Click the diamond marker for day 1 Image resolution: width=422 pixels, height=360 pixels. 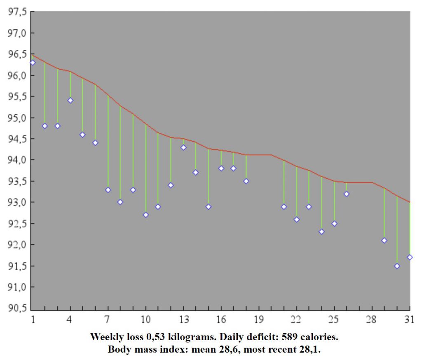pyautogui.click(x=33, y=63)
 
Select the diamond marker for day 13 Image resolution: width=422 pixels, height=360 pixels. pyautogui.click(x=183, y=147)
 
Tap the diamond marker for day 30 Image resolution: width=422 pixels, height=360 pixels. pyautogui.click(x=397, y=266)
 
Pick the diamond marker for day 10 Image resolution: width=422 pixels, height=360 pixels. pyautogui.click(x=145, y=215)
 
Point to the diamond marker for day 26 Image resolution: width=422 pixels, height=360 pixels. pyautogui.click(x=347, y=194)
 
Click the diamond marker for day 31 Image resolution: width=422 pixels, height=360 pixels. pyautogui.click(x=410, y=257)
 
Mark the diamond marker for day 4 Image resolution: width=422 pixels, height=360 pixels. pyautogui.click(x=70, y=100)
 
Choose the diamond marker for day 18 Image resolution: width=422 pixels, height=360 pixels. pyautogui.click(x=246, y=181)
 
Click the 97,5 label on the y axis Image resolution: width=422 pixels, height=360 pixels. pyautogui.click(x=17, y=12)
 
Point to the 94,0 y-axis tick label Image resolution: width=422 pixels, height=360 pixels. pyautogui.click(x=17, y=160)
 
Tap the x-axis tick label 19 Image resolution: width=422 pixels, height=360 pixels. pyautogui.click(x=259, y=319)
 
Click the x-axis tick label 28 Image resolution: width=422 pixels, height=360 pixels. pyautogui.click(x=372, y=319)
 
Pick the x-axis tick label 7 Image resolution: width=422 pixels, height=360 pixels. pyautogui.click(x=108, y=319)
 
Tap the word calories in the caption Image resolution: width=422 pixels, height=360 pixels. pyautogui.click(x=320, y=337)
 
